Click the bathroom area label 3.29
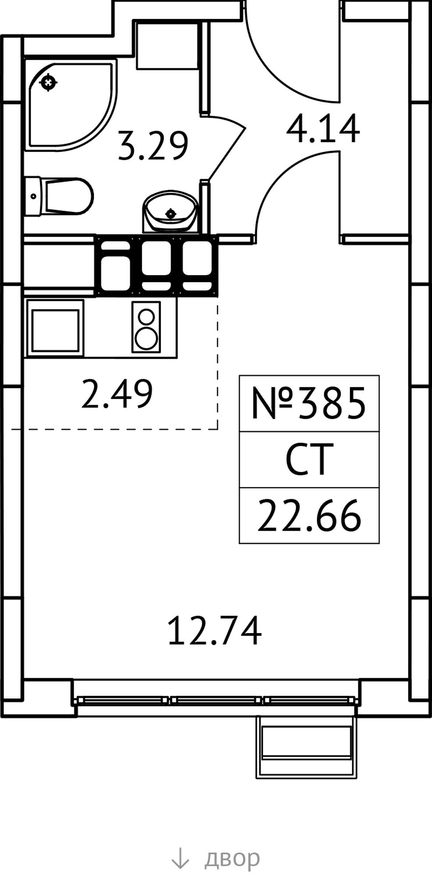click(x=154, y=145)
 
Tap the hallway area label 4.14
click(x=323, y=129)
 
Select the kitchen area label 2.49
click(x=117, y=394)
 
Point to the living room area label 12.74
click(x=215, y=630)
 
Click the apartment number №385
click(x=309, y=403)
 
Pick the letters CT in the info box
click(x=307, y=460)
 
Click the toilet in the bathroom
click(x=59, y=196)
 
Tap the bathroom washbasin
click(x=170, y=211)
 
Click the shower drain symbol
click(x=48, y=82)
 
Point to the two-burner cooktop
click(x=146, y=327)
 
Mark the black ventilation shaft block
click(x=157, y=265)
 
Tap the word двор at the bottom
click(x=232, y=857)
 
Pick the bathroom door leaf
click(x=226, y=149)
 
